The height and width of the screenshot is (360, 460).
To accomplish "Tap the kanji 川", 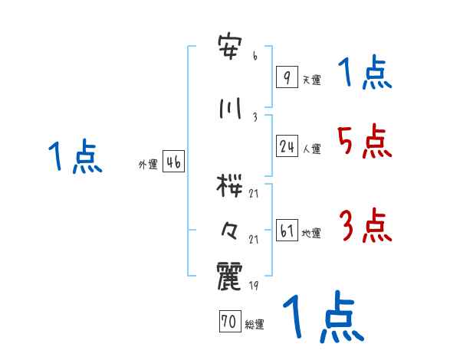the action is pos(230,107).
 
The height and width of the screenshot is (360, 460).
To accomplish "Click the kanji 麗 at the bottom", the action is pos(230,277).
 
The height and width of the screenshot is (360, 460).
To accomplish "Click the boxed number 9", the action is pos(286,77).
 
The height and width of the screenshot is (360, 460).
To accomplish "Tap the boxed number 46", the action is pos(173,162).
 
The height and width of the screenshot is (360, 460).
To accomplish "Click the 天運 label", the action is pos(311,79).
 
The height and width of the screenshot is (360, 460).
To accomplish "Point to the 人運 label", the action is pos(311,149).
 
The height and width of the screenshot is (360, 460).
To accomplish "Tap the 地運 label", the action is pos(311,234).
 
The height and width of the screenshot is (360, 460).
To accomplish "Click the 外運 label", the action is pos(147,165).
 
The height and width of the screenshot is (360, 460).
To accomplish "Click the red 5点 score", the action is pos(363,142).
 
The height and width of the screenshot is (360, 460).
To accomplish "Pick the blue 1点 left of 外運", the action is pos(74,157).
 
